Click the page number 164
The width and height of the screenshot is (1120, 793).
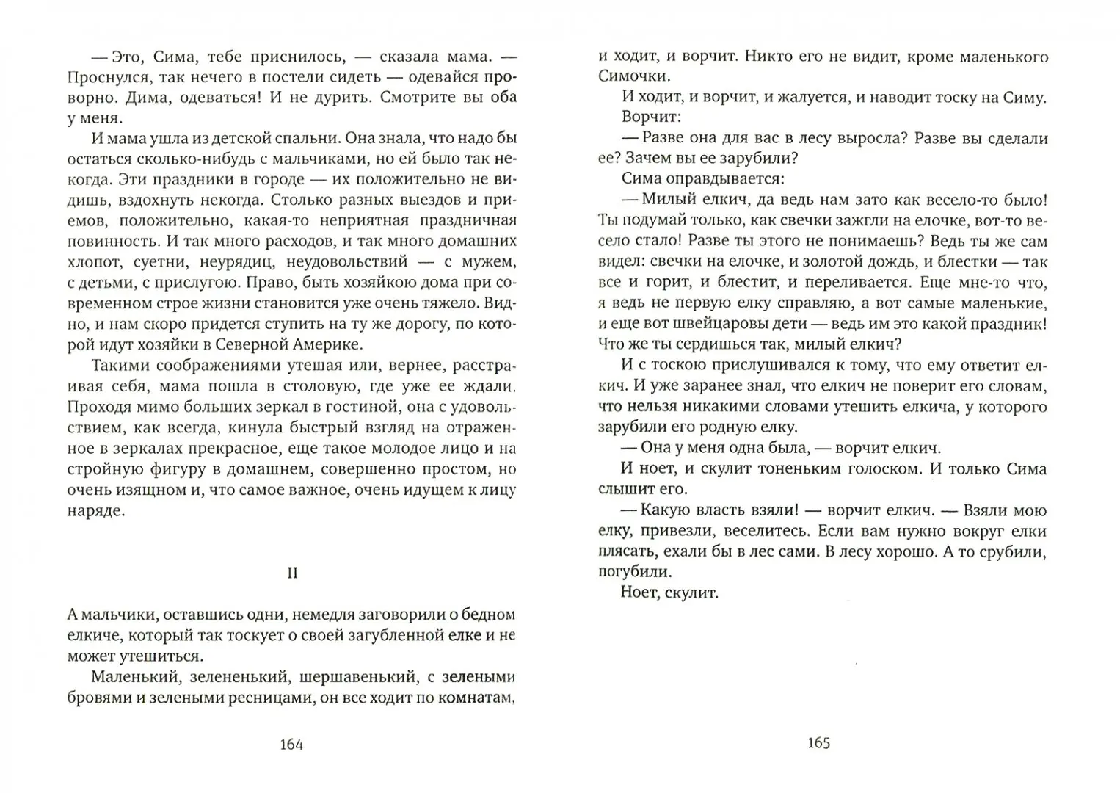tap(291, 744)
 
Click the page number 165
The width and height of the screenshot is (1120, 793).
tap(818, 742)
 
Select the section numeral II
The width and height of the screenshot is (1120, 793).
tap(292, 573)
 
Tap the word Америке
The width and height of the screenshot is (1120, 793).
tap(326, 344)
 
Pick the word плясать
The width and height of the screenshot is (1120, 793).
tap(624, 551)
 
